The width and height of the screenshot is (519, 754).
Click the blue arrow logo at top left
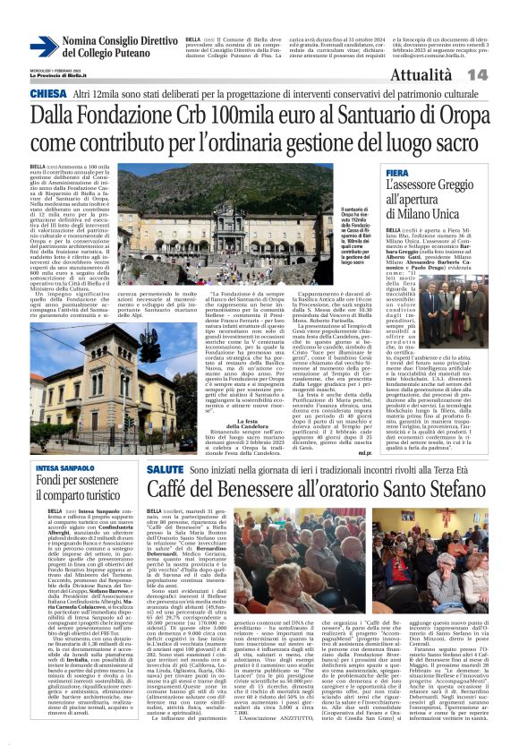(44, 46)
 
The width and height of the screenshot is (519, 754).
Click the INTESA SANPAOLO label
(65, 467)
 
